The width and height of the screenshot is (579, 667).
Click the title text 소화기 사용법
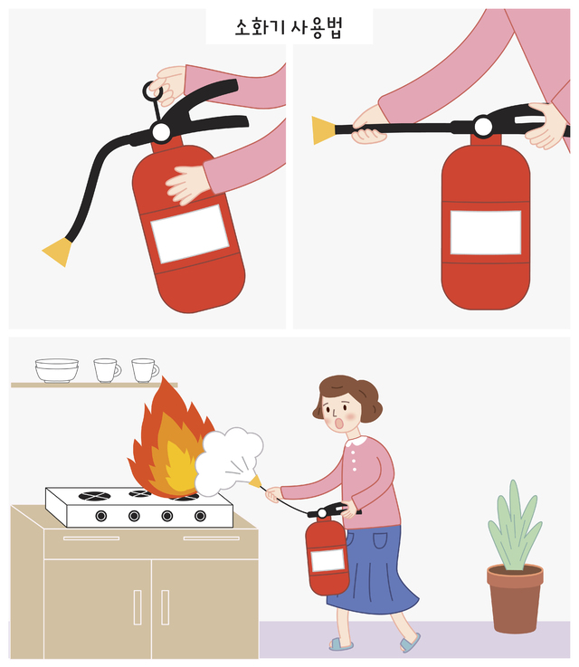(x=289, y=27)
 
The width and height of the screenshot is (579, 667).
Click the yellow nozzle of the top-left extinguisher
(x=58, y=252)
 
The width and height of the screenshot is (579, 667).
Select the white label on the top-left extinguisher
(x=190, y=233)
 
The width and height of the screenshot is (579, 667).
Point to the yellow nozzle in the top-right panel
(x=324, y=130)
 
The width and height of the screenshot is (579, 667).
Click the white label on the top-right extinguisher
(x=486, y=233)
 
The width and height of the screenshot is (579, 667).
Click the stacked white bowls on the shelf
(x=56, y=370)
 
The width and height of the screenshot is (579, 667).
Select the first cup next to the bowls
(x=107, y=370)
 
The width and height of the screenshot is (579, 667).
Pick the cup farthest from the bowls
(x=145, y=370)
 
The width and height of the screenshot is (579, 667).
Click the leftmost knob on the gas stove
(x=101, y=516)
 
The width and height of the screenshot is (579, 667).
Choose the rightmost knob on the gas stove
(x=200, y=516)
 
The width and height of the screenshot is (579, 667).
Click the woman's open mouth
(x=339, y=424)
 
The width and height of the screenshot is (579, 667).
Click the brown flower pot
(x=515, y=597)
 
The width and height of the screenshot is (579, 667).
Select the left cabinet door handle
(x=138, y=607)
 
